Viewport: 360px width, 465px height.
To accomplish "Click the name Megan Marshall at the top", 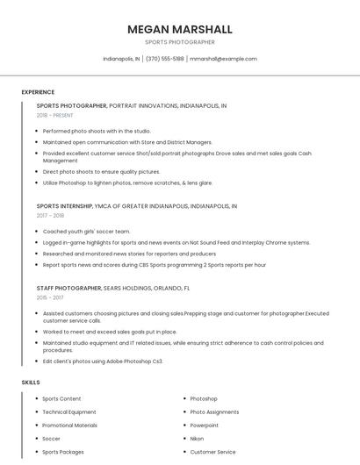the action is pos(179,29).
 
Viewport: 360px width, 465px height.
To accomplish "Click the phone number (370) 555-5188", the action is pos(164,59).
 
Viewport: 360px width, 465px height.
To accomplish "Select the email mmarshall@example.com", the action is pos(223,59).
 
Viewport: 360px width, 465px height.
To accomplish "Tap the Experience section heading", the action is pos(38,92).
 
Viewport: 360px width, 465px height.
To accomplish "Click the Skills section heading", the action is pos(31,383).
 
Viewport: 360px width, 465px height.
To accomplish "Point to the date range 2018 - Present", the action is pos(55,115).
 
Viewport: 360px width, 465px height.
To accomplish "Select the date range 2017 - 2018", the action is pos(50,215).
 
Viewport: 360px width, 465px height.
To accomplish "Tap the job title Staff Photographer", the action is pos(68,288).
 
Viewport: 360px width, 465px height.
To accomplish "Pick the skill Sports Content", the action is pos(61,399).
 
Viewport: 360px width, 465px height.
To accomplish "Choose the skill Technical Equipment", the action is pos(69,412).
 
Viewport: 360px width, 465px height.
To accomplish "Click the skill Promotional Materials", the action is pos(70,426).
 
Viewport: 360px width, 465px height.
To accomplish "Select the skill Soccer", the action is pos(52,439).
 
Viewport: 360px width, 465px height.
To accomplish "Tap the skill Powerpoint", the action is pos(205,426).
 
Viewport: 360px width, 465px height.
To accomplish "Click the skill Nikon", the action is pos(197,439).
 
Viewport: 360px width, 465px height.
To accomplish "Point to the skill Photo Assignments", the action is pos(214,412).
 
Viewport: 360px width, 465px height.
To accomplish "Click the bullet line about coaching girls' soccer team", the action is pos(86,232).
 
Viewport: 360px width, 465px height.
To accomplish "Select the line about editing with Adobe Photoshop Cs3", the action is pos(103,361).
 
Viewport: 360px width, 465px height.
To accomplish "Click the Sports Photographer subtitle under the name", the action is pos(179,42).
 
